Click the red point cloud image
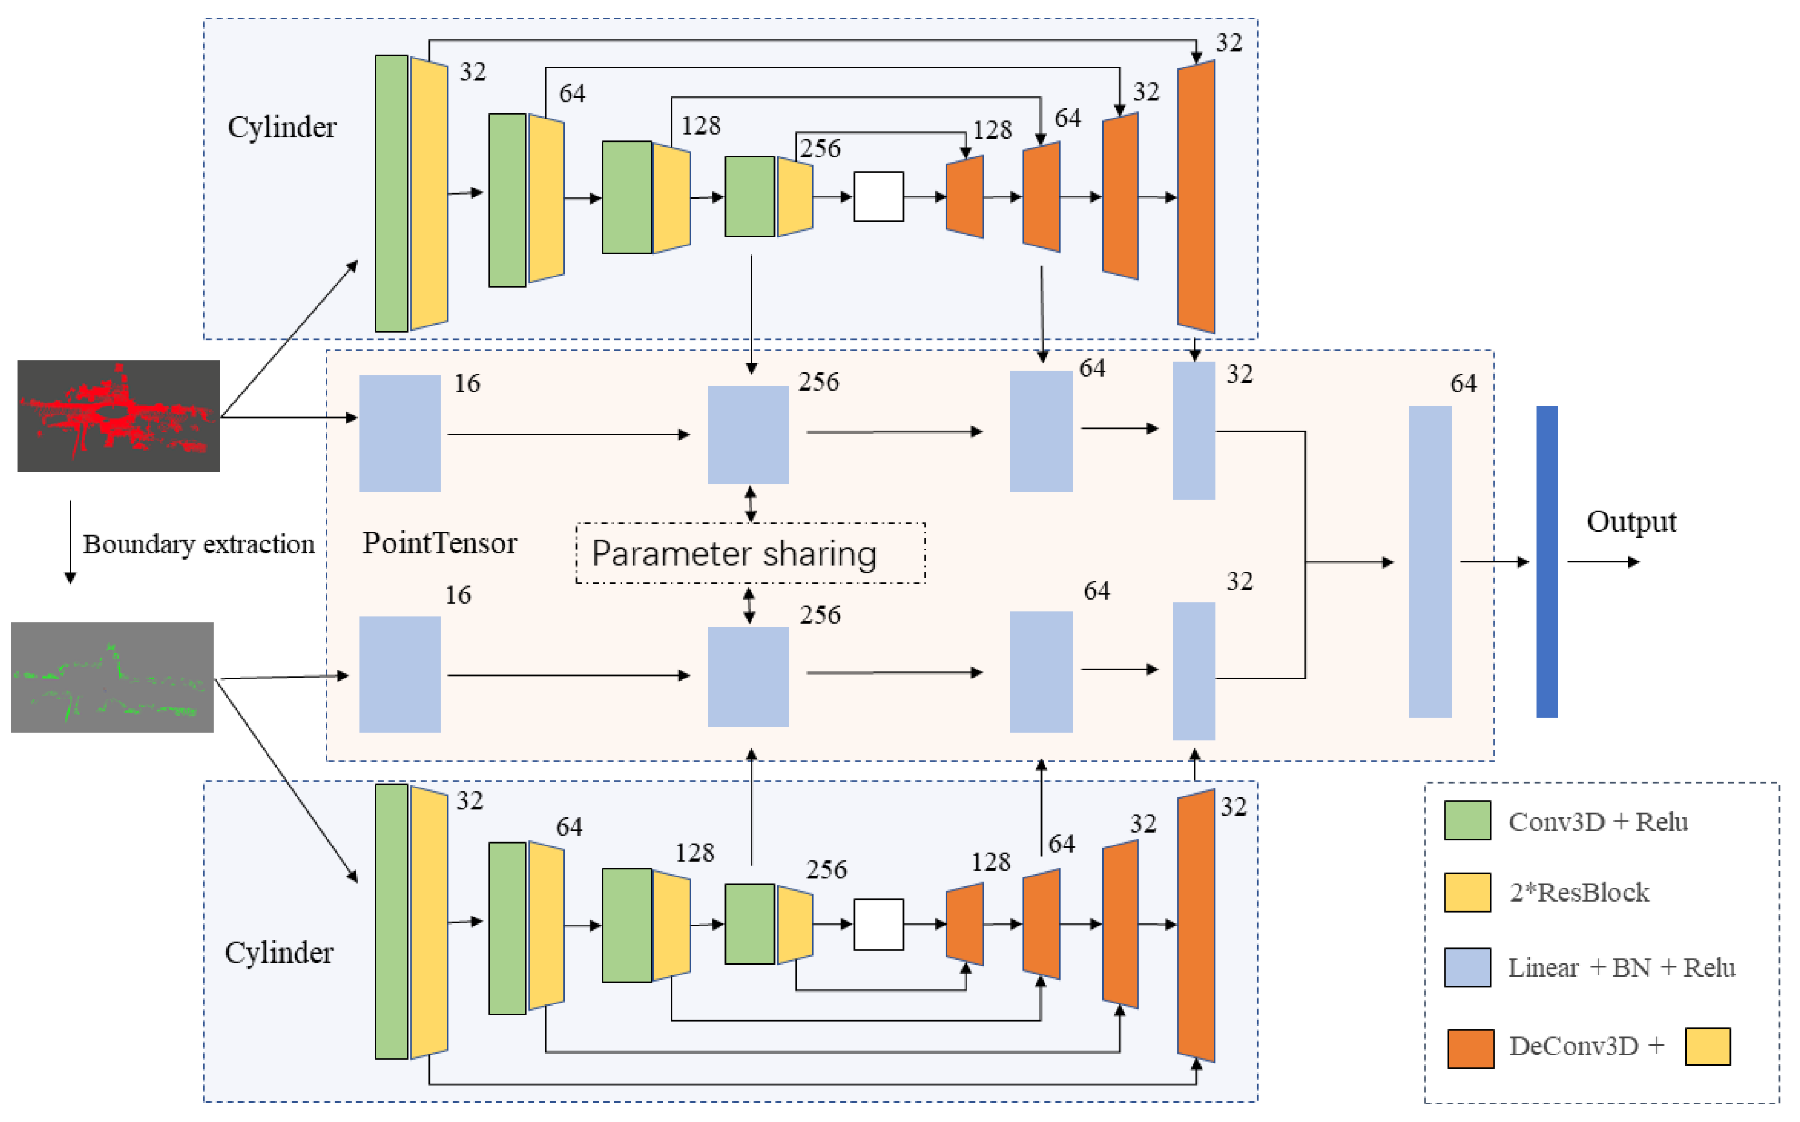[x=119, y=416]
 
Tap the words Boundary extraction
[x=199, y=545]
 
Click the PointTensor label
[x=439, y=543]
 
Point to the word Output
[x=1632, y=522]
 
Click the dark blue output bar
[x=1546, y=562]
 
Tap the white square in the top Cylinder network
[x=878, y=197]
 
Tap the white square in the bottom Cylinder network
[x=878, y=925]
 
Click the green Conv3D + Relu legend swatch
[x=1467, y=821]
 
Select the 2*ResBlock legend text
[x=1580, y=893]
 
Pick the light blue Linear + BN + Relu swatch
[x=1467, y=967]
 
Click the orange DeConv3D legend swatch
[x=1470, y=1048]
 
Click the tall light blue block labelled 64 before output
[x=1430, y=562]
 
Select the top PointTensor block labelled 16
[x=400, y=434]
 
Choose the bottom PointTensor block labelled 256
[x=748, y=677]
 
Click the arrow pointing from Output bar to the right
[x=1603, y=562]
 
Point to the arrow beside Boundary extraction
[x=71, y=542]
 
